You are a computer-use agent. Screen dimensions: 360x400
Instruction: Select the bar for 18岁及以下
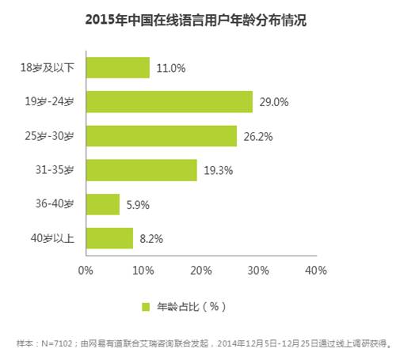coord(117,68)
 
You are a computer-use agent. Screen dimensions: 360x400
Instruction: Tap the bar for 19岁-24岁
coord(169,101)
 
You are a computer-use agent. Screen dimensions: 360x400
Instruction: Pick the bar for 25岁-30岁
coord(161,135)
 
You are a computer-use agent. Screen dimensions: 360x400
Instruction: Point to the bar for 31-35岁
coord(141,170)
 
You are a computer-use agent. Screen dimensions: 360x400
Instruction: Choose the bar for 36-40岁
coord(102,204)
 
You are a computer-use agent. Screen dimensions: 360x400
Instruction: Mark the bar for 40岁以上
coord(109,238)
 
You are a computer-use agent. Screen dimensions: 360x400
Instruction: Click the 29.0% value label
coord(273,102)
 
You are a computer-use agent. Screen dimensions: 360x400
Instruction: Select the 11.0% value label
coord(170,68)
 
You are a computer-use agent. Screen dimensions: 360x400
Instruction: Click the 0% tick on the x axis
coord(86,271)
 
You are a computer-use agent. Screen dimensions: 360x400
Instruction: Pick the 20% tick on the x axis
coord(200,271)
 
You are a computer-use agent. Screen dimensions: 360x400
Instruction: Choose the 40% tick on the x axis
coord(315,271)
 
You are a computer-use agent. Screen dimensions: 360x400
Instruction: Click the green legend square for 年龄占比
coord(146,305)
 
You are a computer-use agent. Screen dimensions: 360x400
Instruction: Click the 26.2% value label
coord(257,136)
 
